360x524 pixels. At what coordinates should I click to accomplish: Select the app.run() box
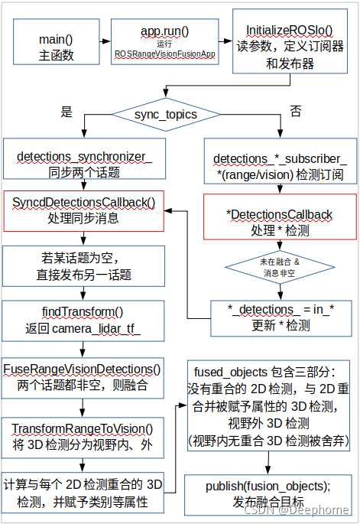click(164, 42)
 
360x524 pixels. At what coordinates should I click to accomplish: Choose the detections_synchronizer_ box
click(79, 164)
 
